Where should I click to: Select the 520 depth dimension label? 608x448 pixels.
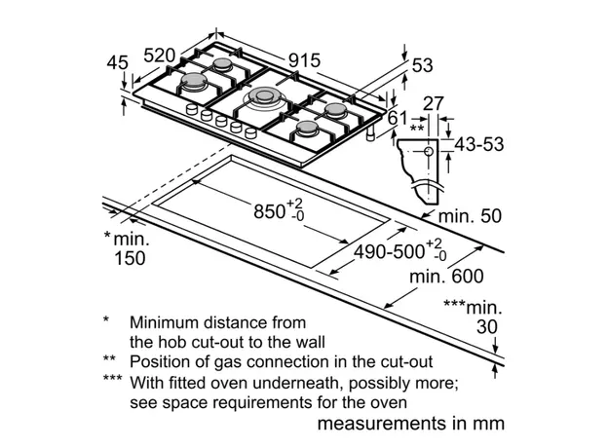pyautogui.click(x=163, y=56)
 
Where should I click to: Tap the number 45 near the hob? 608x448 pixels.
pyautogui.click(x=118, y=63)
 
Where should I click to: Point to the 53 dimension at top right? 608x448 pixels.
pyautogui.click(x=422, y=65)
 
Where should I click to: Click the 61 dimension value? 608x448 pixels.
pyautogui.click(x=398, y=118)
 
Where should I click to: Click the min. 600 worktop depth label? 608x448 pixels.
pyautogui.click(x=445, y=277)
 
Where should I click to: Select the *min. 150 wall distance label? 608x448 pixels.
pyautogui.click(x=125, y=247)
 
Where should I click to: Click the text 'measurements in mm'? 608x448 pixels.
pyautogui.click(x=410, y=424)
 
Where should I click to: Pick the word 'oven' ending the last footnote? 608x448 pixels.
pyautogui.click(x=387, y=401)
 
